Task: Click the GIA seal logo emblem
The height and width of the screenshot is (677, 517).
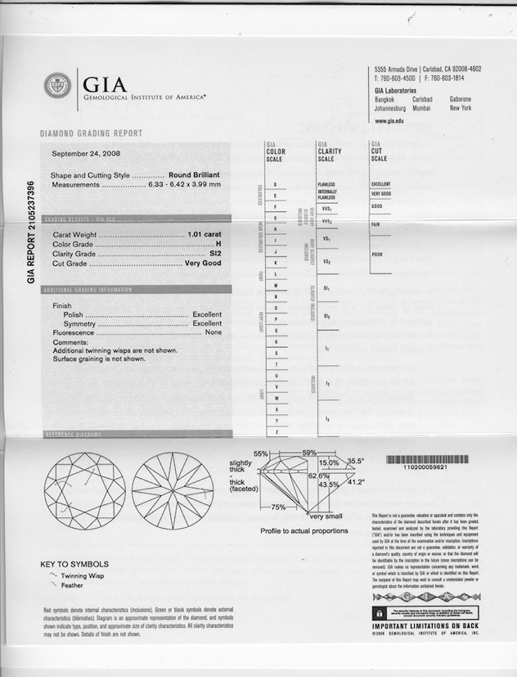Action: tap(58, 84)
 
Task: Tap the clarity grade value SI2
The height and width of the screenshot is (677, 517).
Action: tap(215, 254)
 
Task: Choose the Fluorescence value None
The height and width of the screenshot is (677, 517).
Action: tap(214, 333)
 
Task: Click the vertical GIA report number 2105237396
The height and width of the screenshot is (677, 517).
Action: tap(32, 232)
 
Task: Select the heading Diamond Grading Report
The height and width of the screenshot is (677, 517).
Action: tap(91, 133)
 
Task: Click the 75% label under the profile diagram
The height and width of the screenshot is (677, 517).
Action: tap(278, 508)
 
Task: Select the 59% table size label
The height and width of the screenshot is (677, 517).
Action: tap(309, 453)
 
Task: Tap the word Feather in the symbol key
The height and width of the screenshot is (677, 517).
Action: tap(71, 586)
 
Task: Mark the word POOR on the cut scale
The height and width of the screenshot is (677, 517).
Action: tap(377, 255)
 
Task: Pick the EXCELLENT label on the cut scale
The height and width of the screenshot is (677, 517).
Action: tap(381, 184)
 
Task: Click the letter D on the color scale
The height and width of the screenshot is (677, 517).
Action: tap(275, 185)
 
